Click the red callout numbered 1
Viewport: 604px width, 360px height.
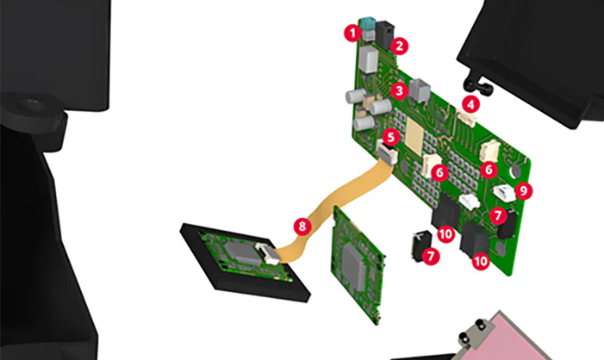click(351, 33)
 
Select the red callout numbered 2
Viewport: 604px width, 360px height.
click(400, 43)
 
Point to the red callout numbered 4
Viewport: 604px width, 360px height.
click(470, 104)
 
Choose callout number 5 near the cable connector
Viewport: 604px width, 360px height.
click(390, 137)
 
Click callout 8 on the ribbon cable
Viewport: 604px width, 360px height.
click(300, 227)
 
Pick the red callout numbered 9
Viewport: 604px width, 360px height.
click(524, 190)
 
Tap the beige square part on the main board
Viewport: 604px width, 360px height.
click(417, 133)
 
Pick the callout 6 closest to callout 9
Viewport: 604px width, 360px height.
click(489, 170)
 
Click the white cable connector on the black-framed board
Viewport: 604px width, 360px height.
click(268, 253)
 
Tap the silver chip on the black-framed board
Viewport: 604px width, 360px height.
click(238, 251)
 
